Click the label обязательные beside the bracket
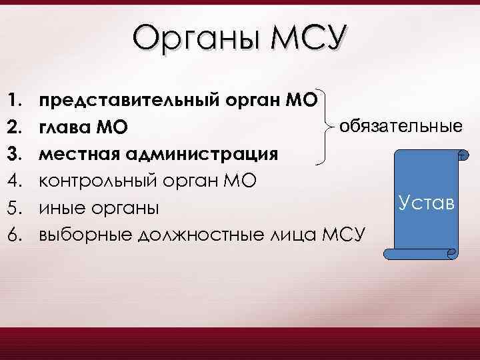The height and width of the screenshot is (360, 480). coord(401,125)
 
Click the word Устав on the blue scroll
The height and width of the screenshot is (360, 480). coord(425,201)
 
